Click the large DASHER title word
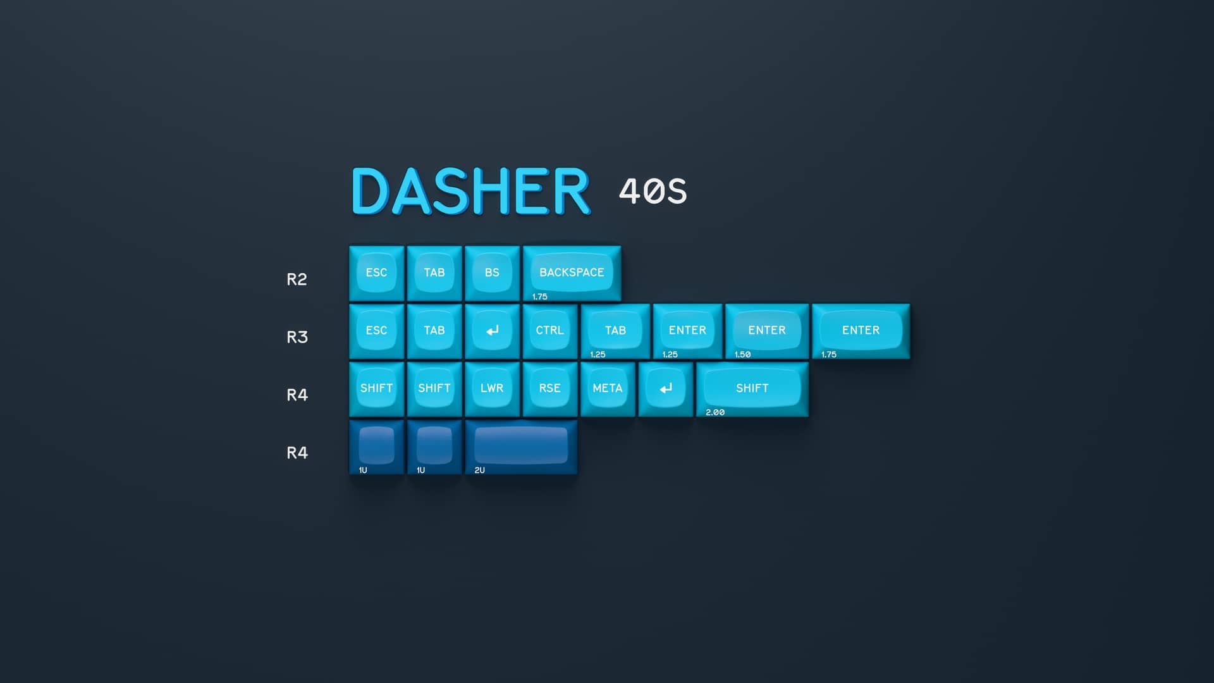pyautogui.click(x=470, y=191)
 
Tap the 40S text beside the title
pyautogui.click(x=653, y=191)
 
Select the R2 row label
pyautogui.click(x=297, y=280)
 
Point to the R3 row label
pyautogui.click(x=297, y=337)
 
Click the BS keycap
pyautogui.click(x=492, y=273)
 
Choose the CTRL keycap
pyautogui.click(x=549, y=330)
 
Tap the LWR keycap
pyautogui.click(x=492, y=388)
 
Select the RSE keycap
pyautogui.click(x=549, y=388)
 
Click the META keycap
pyautogui.click(x=608, y=388)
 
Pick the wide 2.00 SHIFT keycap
pyautogui.click(x=752, y=388)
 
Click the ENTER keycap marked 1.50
pyautogui.click(x=766, y=330)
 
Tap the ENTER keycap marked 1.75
pyautogui.click(x=861, y=330)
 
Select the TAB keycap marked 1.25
pyautogui.click(x=615, y=330)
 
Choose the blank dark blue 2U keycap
pyautogui.click(x=521, y=446)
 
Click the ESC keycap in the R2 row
pyautogui.click(x=376, y=273)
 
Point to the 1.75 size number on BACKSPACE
pyautogui.click(x=540, y=297)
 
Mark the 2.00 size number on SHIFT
pyautogui.click(x=715, y=412)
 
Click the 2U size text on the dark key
pyautogui.click(x=479, y=471)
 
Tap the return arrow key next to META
pyautogui.click(x=666, y=388)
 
